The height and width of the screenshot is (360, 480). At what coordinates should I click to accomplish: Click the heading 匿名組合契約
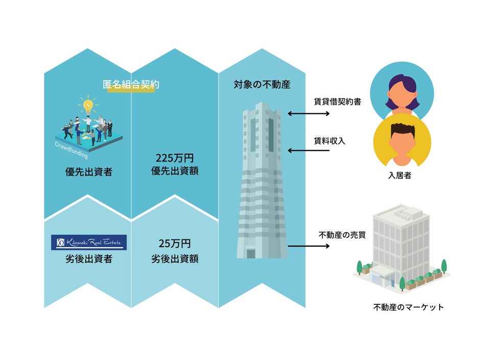click(x=131, y=84)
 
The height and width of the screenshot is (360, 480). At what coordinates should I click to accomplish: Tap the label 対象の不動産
click(x=262, y=84)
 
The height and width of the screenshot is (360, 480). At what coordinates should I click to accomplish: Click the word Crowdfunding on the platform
click(x=71, y=150)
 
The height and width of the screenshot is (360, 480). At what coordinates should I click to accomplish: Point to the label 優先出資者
click(x=89, y=172)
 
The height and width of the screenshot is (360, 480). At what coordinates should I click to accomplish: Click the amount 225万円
click(x=175, y=158)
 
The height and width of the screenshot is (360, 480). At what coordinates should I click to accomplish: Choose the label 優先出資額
click(x=175, y=171)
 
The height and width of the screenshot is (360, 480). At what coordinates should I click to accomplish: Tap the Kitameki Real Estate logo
click(x=89, y=243)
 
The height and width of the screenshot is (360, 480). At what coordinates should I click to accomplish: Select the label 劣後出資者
click(x=89, y=259)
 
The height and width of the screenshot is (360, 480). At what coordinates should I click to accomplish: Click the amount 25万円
click(x=175, y=244)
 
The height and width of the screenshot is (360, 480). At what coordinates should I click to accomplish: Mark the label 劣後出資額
click(x=175, y=259)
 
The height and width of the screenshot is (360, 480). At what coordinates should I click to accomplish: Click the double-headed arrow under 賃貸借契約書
click(x=308, y=113)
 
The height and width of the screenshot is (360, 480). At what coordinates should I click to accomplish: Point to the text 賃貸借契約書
click(x=338, y=102)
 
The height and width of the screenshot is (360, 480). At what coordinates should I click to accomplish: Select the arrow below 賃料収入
click(x=308, y=150)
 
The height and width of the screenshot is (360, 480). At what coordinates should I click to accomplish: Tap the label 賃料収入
click(x=329, y=141)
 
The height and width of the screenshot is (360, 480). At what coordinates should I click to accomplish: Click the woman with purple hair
click(x=402, y=91)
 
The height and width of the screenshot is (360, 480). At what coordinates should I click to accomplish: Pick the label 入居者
click(x=399, y=176)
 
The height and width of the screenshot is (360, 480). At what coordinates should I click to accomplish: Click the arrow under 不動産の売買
click(x=308, y=246)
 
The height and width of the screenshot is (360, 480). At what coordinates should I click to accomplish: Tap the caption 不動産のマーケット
click(x=409, y=307)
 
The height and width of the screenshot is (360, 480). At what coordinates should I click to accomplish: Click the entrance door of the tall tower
click(x=251, y=254)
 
